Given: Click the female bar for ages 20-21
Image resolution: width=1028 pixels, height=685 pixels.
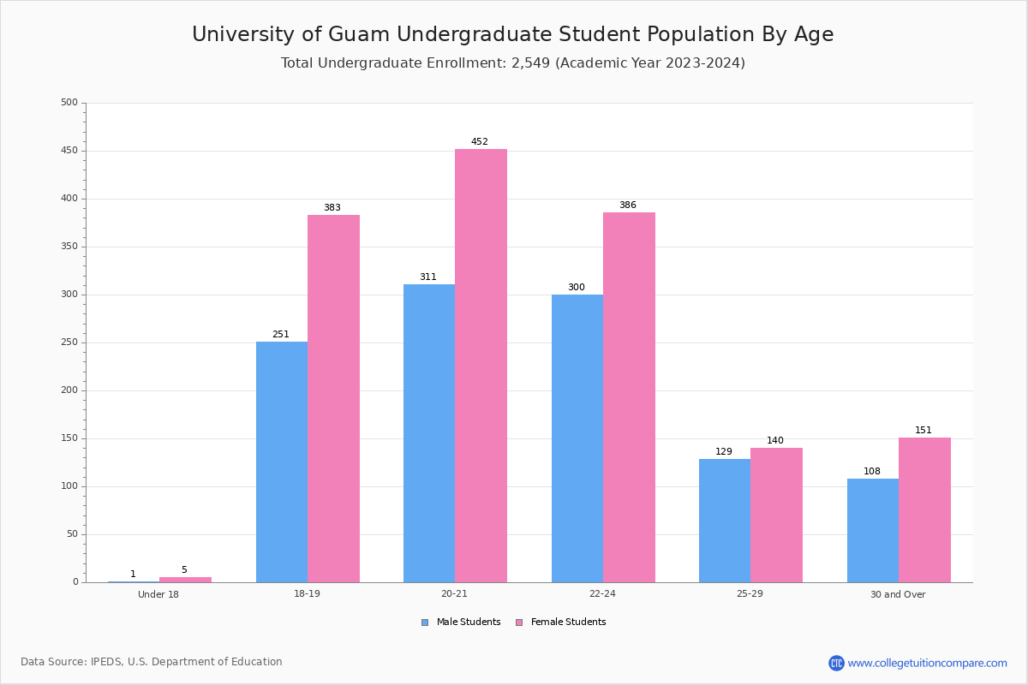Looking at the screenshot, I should point(481,366).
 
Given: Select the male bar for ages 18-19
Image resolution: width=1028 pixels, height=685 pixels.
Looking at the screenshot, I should point(282,462).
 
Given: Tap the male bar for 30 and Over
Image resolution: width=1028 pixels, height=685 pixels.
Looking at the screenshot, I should point(873,530).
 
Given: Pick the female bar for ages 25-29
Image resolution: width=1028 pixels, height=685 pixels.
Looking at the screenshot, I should point(776,515).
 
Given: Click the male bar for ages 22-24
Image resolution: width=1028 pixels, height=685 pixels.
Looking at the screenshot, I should point(577,438).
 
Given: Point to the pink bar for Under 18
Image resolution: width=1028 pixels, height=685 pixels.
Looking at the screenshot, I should point(185,580).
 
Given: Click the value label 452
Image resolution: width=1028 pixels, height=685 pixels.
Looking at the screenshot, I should point(480,142).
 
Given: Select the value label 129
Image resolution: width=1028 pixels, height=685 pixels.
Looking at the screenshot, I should point(724,452).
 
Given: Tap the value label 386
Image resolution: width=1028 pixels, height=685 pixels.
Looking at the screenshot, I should point(628,205).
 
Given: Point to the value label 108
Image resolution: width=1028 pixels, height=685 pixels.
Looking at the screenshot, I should point(872,472).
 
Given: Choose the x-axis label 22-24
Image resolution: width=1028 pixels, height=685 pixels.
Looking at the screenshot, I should point(602,594).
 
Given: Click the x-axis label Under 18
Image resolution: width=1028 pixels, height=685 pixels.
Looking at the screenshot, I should point(158,594).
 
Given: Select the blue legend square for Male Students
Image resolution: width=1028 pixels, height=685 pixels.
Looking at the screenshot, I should point(425,622).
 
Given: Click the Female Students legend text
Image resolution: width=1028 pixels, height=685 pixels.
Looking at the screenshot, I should point(568,622).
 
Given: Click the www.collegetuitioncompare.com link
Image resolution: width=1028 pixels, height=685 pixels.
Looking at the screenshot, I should point(927,663).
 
